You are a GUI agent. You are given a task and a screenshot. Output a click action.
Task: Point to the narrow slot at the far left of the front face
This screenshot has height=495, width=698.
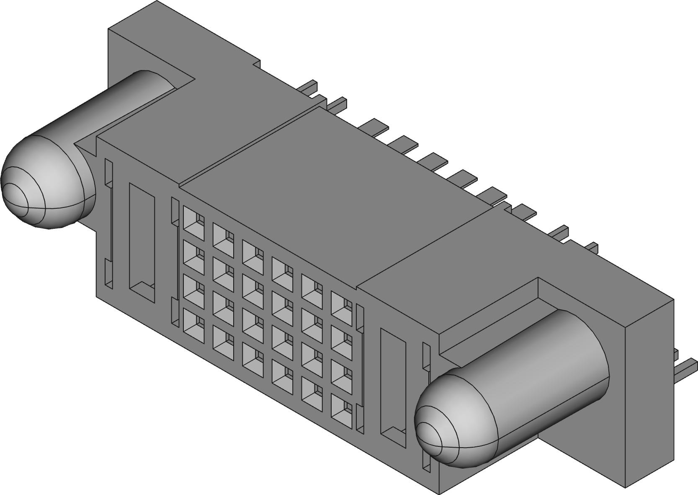(x=108, y=224)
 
